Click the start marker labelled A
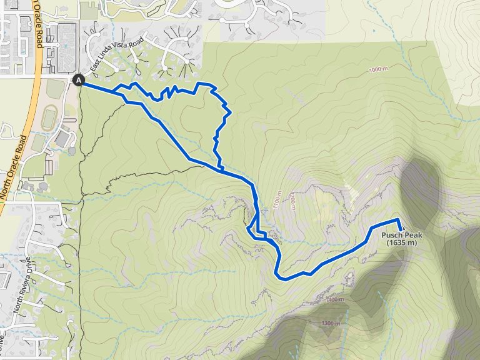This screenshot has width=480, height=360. point(79,79)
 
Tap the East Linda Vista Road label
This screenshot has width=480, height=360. point(116,54)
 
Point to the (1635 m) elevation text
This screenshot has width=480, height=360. point(401,242)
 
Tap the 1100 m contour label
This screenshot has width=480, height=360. point(276,199)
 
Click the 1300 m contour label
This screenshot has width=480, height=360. point(331,323)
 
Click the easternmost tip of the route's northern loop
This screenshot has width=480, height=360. point(231,113)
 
